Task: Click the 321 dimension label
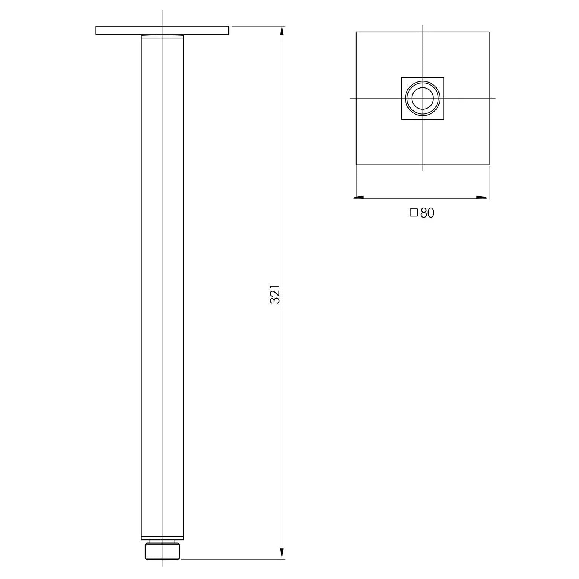pos(275,294)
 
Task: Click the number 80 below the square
pos(427,213)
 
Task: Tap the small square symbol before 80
pos(414,213)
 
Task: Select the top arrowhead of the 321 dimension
pos(282,31)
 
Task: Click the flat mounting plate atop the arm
pos(162,31)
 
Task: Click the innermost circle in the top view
pos(423,98)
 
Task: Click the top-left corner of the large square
pos(357,32)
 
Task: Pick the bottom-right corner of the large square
pos(489,165)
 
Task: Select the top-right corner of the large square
pos(489,32)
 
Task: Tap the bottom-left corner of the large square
pos(357,165)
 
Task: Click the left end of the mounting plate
pos(97,31)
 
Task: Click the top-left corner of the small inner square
pos(402,78)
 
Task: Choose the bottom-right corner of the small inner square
pos(444,119)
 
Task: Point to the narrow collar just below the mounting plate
pos(162,37)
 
